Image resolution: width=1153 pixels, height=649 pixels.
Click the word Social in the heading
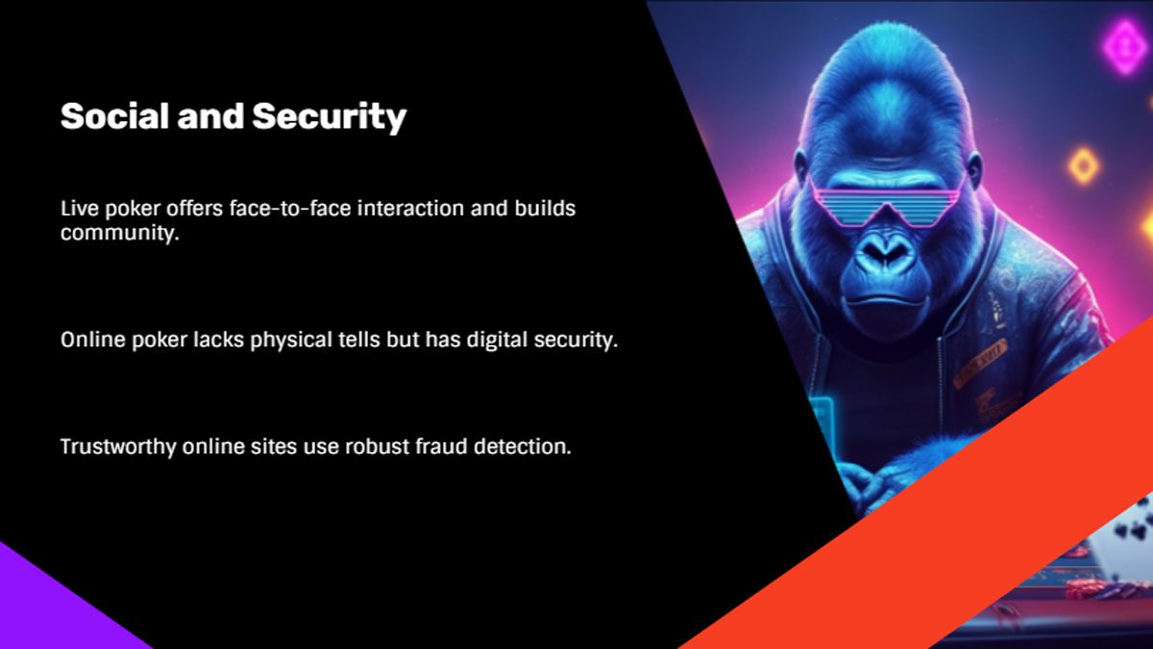click(x=114, y=116)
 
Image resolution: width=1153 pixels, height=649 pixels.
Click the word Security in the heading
click(x=330, y=118)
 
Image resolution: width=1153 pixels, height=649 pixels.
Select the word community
click(x=120, y=234)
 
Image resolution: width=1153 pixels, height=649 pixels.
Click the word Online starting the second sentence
click(x=93, y=339)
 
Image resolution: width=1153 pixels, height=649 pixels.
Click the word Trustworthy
click(x=118, y=446)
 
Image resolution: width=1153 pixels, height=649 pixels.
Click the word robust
click(x=377, y=446)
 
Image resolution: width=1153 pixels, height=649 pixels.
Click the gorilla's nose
click(x=886, y=251)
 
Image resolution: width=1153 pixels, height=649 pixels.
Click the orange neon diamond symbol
click(x=1084, y=165)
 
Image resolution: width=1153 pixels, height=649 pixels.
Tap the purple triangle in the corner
click(x=57, y=603)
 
